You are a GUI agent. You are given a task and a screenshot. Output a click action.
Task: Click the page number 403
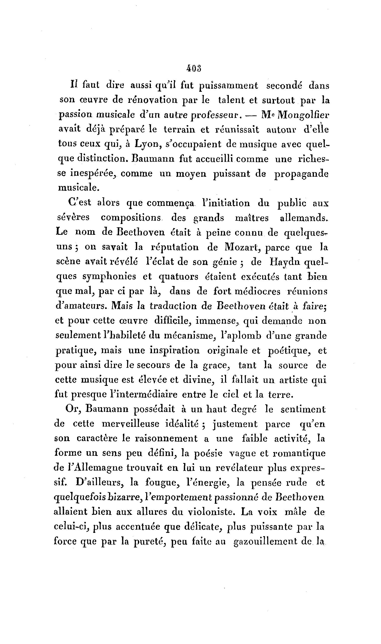[x=194, y=69]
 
